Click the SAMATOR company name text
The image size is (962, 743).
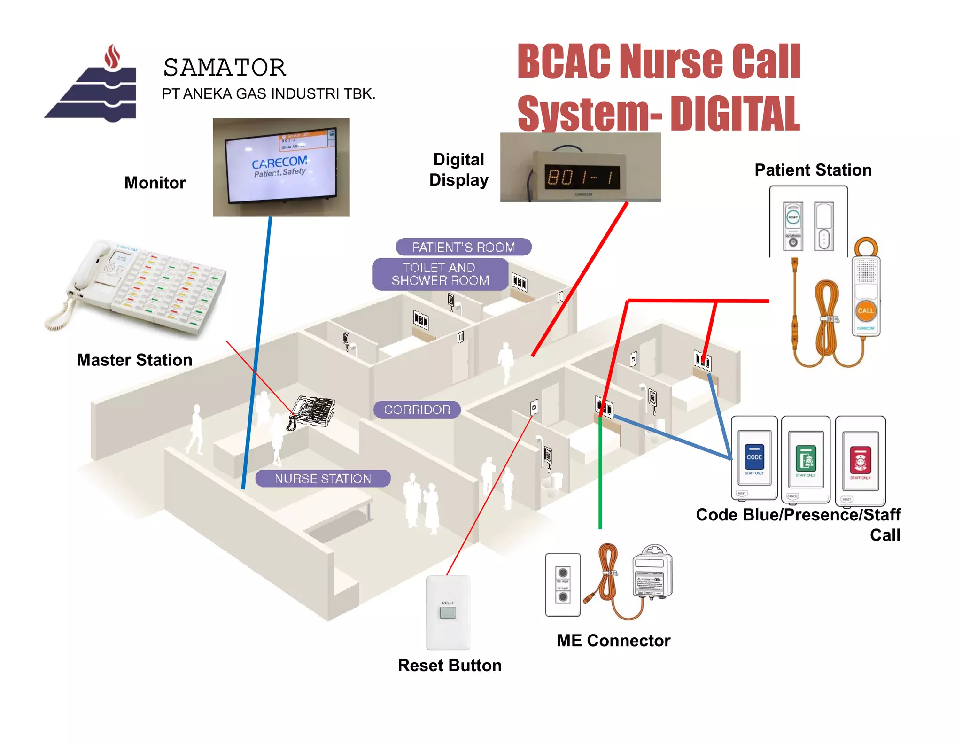pyautogui.click(x=225, y=68)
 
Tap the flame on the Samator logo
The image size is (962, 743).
pyautogui.click(x=112, y=57)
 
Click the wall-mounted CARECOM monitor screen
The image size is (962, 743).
pyautogui.click(x=281, y=168)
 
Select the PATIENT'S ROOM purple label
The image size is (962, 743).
pyautogui.click(x=463, y=247)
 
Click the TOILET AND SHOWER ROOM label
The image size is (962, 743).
pyautogui.click(x=440, y=274)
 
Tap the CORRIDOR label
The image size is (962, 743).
pyautogui.click(x=417, y=410)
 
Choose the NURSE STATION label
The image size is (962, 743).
pyautogui.click(x=323, y=479)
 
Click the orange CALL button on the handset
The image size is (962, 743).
pyautogui.click(x=865, y=311)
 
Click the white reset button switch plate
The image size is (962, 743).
pyautogui.click(x=448, y=612)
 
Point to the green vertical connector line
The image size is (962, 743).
pyautogui.click(x=600, y=474)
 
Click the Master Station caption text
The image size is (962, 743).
pyautogui.click(x=134, y=360)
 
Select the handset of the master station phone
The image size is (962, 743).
pyautogui.click(x=87, y=268)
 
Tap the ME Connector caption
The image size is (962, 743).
pyautogui.click(x=613, y=641)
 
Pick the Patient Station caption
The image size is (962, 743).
pyautogui.click(x=813, y=170)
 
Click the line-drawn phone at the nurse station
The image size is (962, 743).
pyautogui.click(x=312, y=412)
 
